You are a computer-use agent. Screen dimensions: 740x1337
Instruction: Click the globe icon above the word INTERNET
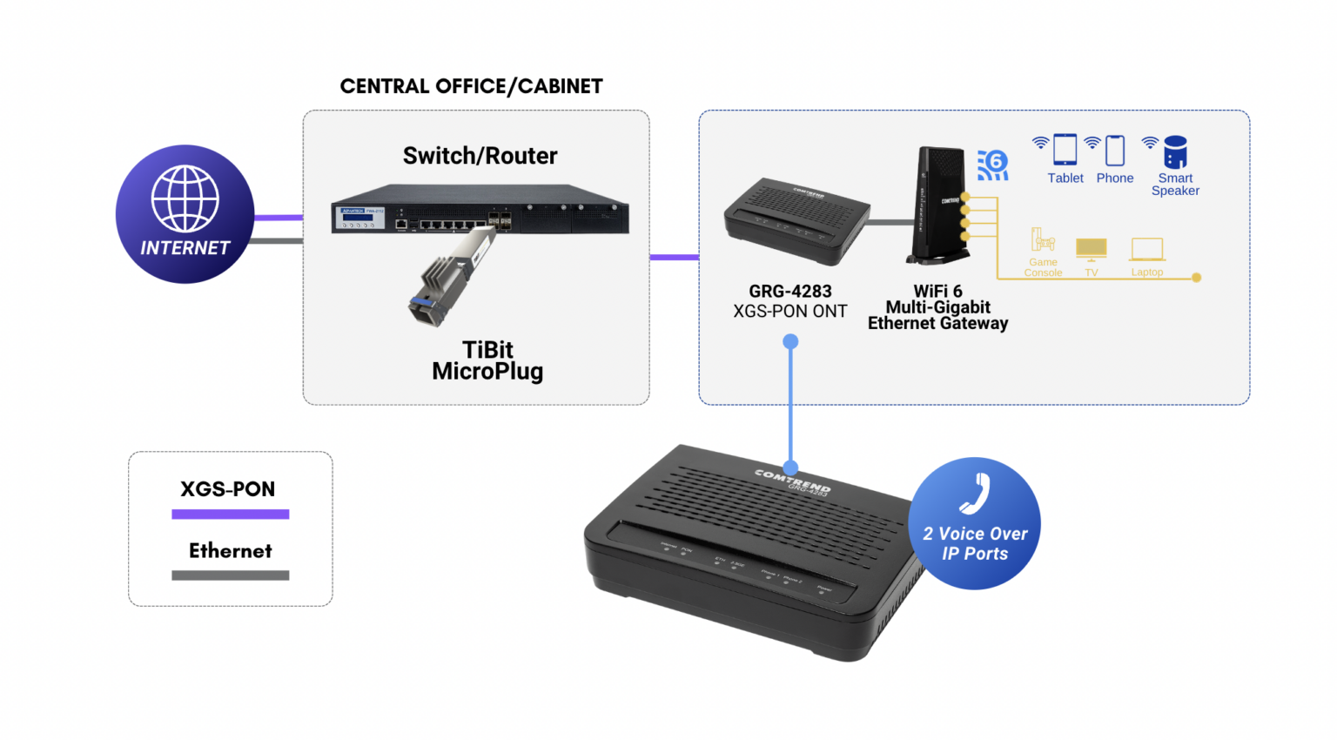[x=185, y=198]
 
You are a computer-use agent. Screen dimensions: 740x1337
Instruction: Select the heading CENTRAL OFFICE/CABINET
[x=471, y=86]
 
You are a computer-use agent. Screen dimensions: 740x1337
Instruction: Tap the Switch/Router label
[x=480, y=156]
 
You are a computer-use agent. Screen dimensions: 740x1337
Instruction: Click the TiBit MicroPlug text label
[x=487, y=360]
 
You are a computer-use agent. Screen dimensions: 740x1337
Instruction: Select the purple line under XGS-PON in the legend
[x=230, y=515]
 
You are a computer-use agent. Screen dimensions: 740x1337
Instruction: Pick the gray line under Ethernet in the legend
[x=230, y=575]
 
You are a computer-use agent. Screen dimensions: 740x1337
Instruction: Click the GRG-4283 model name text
[x=789, y=292]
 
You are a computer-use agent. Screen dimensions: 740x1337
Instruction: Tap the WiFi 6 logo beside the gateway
[x=992, y=165]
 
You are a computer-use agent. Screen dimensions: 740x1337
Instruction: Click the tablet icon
[x=1065, y=150]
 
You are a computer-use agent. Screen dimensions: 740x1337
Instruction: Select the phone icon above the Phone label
[x=1114, y=151]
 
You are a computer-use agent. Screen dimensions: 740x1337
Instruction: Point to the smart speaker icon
[x=1175, y=152]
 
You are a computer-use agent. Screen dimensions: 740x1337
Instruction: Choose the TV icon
[x=1091, y=249]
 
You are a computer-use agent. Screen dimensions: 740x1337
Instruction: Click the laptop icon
[x=1146, y=250]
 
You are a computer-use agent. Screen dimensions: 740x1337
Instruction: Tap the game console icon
[x=1042, y=240]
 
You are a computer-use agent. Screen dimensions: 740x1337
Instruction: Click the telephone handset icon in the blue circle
[x=975, y=494]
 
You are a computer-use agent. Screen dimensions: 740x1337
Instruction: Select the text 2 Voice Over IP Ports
[x=975, y=544]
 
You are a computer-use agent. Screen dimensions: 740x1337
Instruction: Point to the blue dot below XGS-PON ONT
[x=790, y=342]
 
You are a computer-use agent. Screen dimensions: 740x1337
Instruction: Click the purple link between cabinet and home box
[x=674, y=257]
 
